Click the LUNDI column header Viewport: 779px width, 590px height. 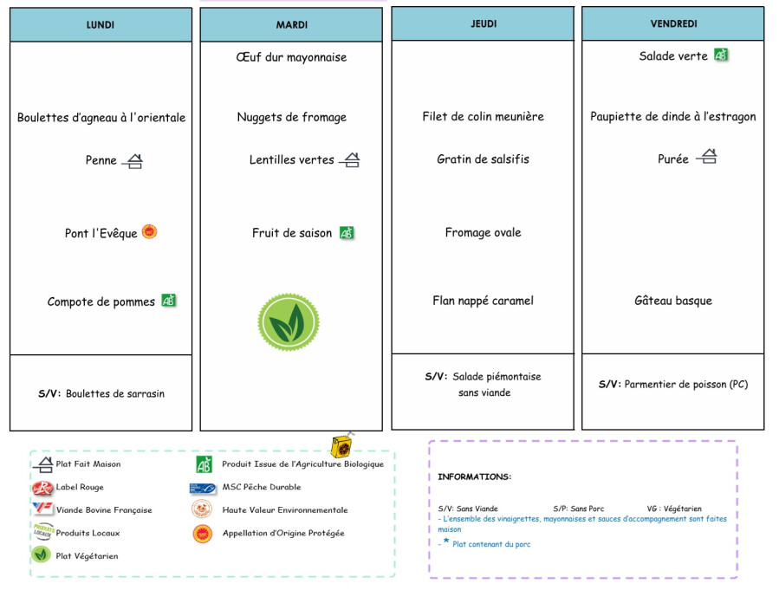pos(101,25)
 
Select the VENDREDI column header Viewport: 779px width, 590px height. pos(673,24)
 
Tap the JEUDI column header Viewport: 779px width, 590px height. pos(483,24)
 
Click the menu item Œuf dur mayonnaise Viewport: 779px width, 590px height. pos(291,57)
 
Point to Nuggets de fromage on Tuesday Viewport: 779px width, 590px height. pos(291,117)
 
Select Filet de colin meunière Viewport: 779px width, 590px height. pos(483,116)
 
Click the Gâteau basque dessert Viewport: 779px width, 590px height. pos(673,301)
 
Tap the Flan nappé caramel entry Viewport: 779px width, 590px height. pos(483,301)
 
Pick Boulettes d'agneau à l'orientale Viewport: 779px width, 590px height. pos(101,117)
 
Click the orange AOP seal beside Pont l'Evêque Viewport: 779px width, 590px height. pos(150,231)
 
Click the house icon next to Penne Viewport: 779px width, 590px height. pos(133,160)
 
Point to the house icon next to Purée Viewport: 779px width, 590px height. pos(707,157)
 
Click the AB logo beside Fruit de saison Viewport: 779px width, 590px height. pos(347,232)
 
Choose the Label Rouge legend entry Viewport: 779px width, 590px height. pos(79,487)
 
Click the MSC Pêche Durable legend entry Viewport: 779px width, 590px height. pos(261,487)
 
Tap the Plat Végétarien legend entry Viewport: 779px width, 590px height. pos(87,555)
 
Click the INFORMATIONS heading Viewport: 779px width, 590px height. pos(474,477)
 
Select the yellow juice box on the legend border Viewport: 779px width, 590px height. pos(341,446)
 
